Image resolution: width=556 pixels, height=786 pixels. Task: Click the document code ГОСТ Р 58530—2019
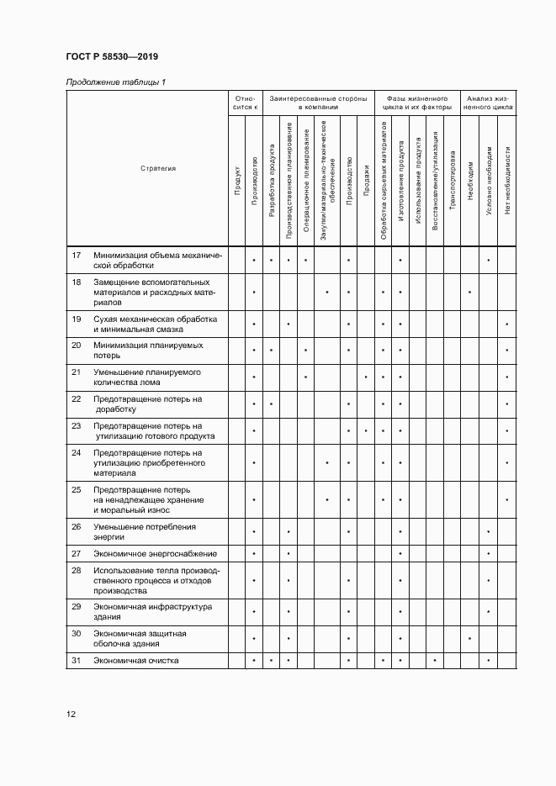point(112,57)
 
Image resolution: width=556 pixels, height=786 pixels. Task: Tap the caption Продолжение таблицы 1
point(115,82)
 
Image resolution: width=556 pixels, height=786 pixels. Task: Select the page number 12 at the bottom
point(71,715)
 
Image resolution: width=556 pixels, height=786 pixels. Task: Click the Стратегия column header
point(158,168)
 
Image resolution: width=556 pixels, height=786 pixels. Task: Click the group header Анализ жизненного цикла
point(489,103)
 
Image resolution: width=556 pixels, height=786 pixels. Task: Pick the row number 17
point(77,255)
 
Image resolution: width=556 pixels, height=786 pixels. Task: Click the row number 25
point(77,489)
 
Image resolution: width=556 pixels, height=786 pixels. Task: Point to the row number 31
point(77,660)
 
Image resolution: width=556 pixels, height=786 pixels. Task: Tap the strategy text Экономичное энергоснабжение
point(156,554)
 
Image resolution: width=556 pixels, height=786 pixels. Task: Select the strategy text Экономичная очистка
point(136,660)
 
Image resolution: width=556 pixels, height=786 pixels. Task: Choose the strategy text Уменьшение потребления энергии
point(145,531)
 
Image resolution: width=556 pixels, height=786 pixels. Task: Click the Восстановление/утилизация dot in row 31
point(434,661)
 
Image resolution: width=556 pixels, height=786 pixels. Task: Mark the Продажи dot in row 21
point(366,377)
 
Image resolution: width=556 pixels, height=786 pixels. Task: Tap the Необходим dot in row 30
point(469,639)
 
